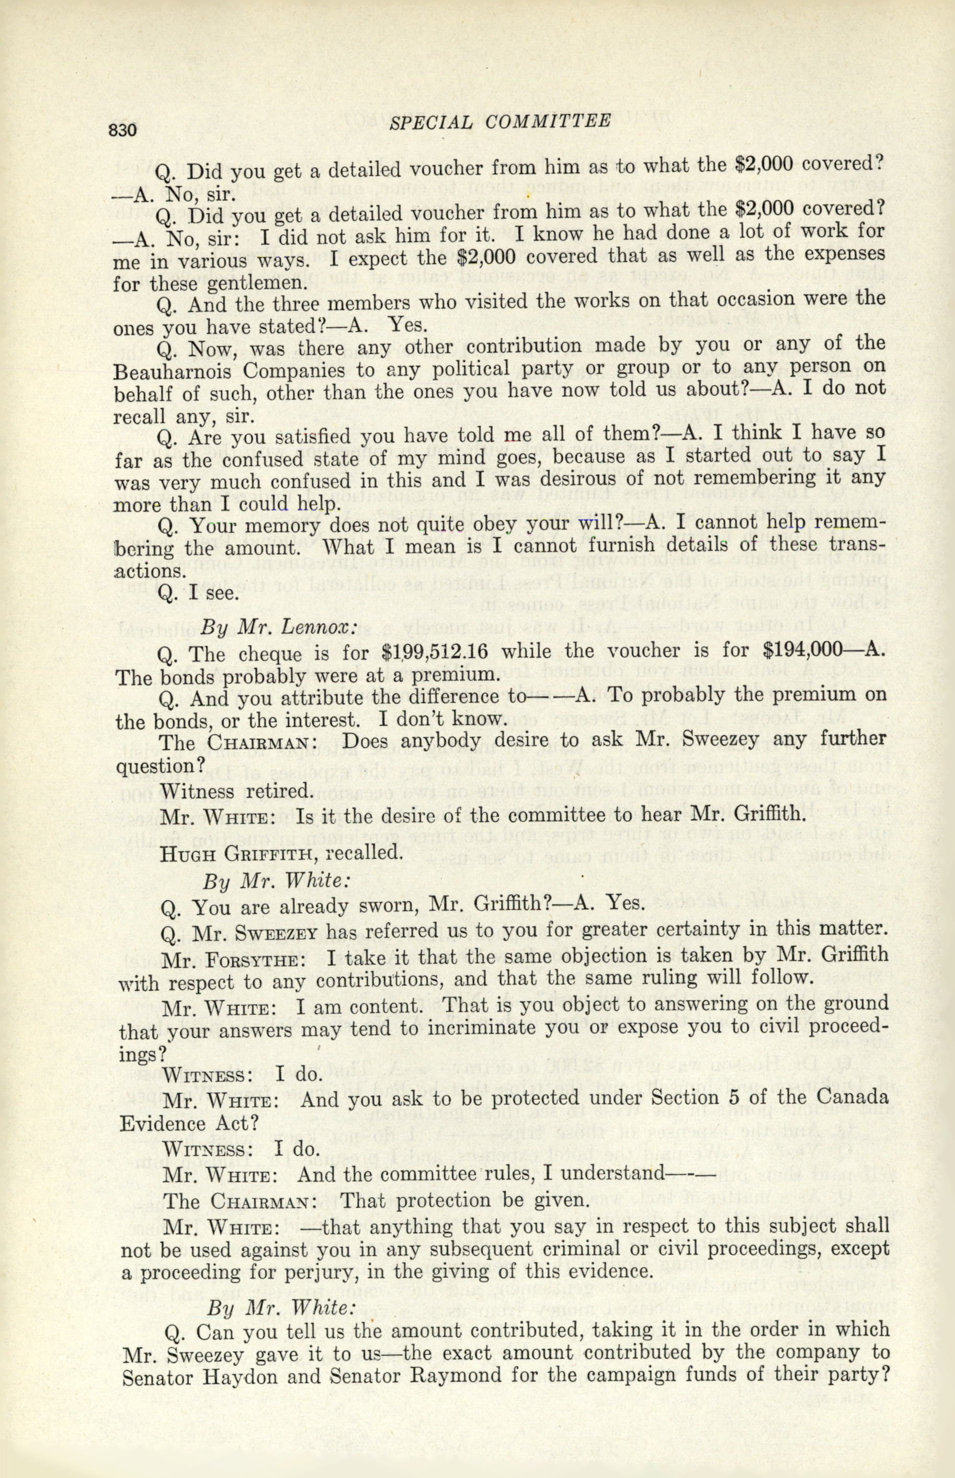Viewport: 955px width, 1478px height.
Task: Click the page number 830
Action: [122, 130]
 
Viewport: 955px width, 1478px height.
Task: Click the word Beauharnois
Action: [172, 372]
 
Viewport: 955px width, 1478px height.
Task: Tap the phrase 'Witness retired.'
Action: [236, 790]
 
